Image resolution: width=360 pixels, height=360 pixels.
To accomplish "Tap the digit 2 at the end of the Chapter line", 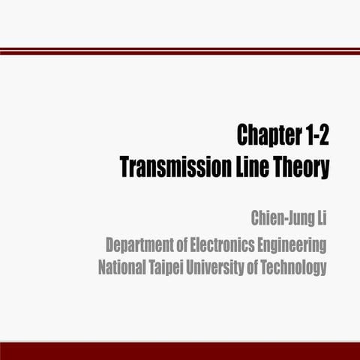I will (x=324, y=136).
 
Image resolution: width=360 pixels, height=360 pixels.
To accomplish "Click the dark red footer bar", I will (x=180, y=351).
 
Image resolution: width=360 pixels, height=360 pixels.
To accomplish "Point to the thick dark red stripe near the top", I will (x=180, y=52).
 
